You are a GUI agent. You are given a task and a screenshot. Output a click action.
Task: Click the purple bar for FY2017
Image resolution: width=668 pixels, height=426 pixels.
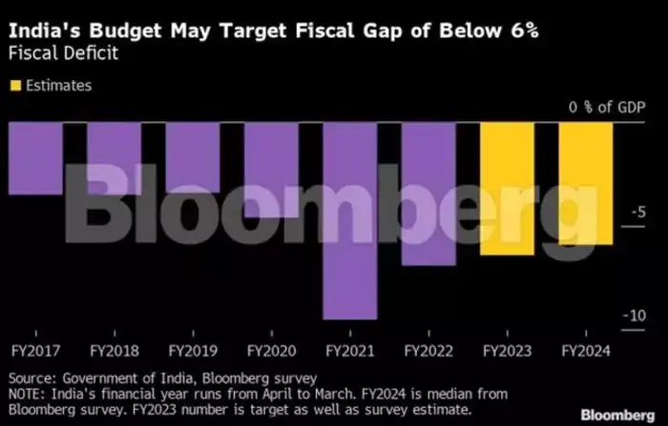click(34, 157)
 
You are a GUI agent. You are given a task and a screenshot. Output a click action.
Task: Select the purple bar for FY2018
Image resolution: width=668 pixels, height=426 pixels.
click(114, 157)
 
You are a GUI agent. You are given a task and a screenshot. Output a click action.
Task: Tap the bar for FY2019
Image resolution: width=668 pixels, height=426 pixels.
click(192, 157)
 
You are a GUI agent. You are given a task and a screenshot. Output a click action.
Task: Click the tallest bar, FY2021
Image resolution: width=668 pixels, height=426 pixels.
click(349, 220)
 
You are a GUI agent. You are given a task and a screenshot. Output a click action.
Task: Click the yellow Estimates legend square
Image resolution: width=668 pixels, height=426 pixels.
click(14, 86)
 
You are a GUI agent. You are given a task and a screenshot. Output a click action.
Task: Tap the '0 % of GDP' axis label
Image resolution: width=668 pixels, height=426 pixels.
click(607, 108)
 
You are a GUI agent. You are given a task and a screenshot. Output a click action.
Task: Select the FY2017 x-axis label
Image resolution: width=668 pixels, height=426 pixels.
click(34, 349)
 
